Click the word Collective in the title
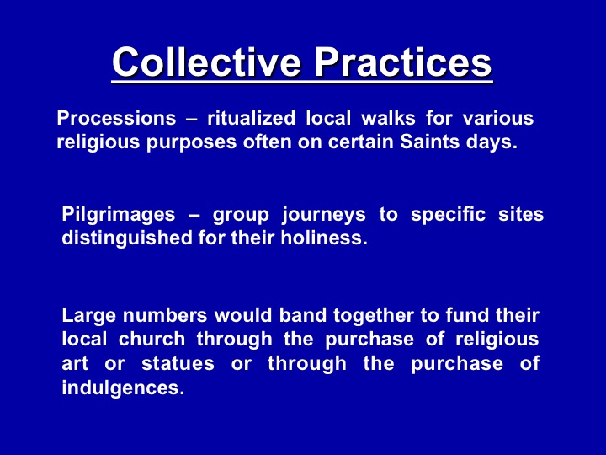[x=206, y=62]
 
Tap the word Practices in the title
[x=402, y=62]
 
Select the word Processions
[x=116, y=118]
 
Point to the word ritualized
[x=251, y=118]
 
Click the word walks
[x=388, y=118]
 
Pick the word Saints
[x=429, y=142]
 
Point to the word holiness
[x=324, y=238]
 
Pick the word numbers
[x=165, y=315]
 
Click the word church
[x=151, y=339]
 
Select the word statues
[x=178, y=363]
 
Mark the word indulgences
[x=123, y=388]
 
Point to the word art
[x=75, y=364]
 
